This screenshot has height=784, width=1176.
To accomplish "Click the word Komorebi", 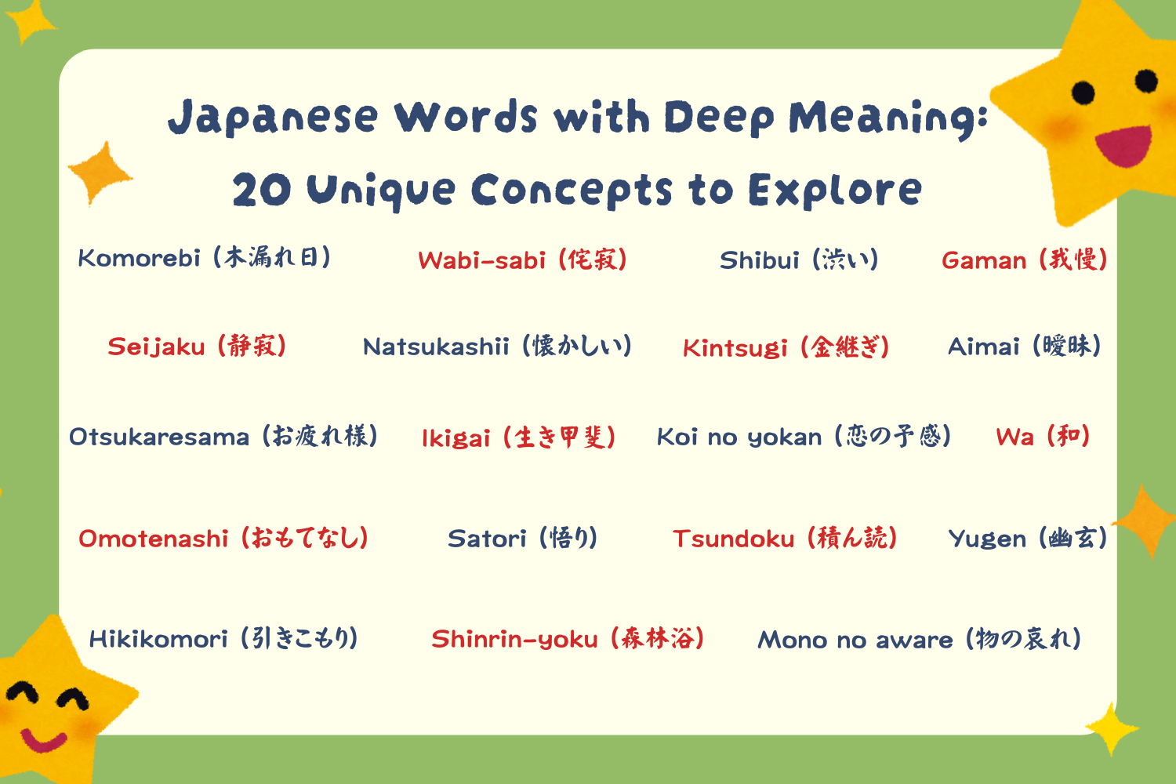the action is [x=139, y=258].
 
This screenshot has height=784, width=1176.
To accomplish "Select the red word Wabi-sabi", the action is [x=481, y=260].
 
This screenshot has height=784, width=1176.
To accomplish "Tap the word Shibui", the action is [x=759, y=260].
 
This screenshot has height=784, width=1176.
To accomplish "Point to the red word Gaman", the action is [x=984, y=260].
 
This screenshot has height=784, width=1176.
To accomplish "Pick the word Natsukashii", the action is [x=436, y=347].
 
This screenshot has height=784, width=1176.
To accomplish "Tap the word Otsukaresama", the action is [x=159, y=437].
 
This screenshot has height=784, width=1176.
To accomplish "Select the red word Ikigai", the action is [x=456, y=439].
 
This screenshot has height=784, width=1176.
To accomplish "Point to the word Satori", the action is [x=487, y=539].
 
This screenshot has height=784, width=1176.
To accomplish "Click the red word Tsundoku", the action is [x=733, y=539].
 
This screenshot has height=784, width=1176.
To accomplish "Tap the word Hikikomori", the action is [x=158, y=639].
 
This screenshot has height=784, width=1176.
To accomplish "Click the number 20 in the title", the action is [x=261, y=190].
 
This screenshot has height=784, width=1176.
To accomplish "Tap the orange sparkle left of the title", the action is [x=100, y=172].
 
